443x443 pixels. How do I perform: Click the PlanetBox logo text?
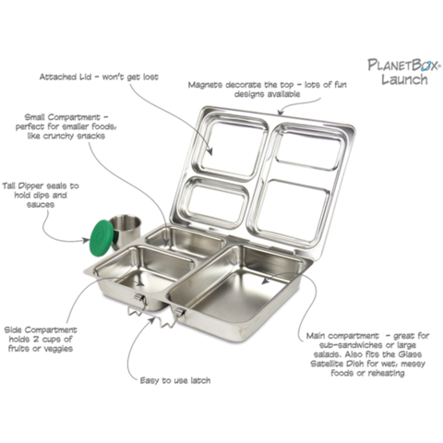[404, 65]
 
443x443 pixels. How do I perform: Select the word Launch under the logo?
[404, 79]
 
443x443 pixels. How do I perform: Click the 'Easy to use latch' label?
[175, 380]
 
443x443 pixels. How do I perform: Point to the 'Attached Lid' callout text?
[99, 77]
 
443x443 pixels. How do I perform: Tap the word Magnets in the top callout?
[205, 85]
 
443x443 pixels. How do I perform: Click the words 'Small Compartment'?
[63, 117]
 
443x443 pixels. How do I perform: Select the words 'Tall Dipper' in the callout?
[21, 186]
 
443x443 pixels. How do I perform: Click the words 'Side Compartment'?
[41, 330]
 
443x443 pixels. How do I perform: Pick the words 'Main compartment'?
[342, 336]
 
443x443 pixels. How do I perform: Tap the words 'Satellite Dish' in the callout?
[337, 364]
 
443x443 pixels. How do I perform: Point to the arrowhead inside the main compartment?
[265, 281]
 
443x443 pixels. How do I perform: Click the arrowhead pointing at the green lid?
[85, 240]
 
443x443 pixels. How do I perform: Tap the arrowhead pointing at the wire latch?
[151, 319]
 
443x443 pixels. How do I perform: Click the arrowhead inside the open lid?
[210, 151]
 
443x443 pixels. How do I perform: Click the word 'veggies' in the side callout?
[57, 349]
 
